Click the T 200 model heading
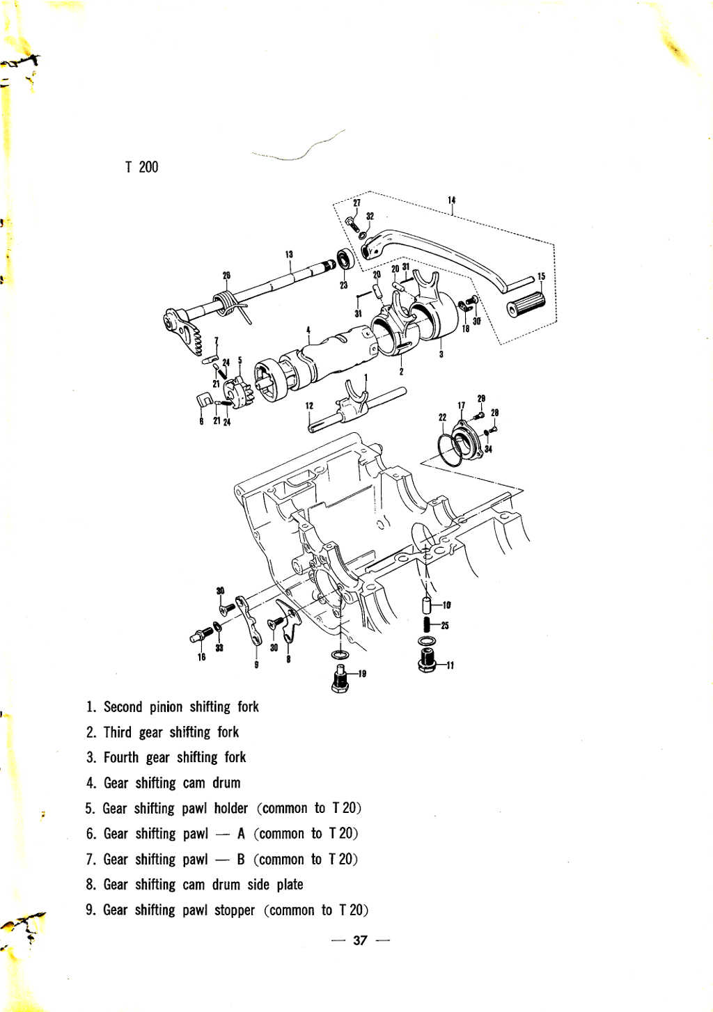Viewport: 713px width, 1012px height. click(142, 168)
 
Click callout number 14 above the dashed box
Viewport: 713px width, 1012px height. click(452, 200)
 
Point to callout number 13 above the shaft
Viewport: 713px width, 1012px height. click(289, 254)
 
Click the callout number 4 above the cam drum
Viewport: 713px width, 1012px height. click(308, 329)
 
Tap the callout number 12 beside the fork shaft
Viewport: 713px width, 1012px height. click(309, 406)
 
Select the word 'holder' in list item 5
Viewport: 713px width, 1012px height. click(231, 808)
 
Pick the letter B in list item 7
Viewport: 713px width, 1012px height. click(241, 859)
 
